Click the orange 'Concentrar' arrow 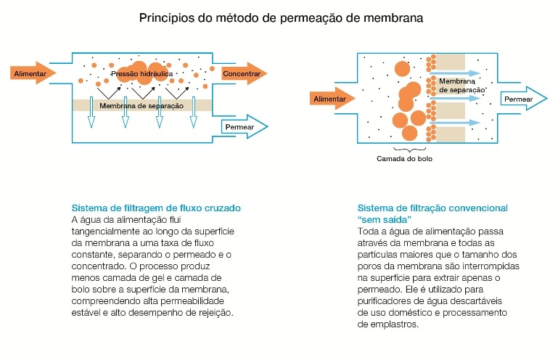click(x=244, y=74)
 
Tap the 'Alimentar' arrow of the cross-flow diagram click(x=33, y=73)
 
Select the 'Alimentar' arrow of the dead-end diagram click(x=332, y=99)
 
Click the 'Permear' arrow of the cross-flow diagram click(x=245, y=127)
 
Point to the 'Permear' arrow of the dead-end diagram click(x=524, y=99)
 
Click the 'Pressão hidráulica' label click(x=142, y=74)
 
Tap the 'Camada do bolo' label click(x=405, y=159)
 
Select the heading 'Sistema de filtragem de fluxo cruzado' click(x=156, y=208)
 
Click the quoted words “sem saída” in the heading click(x=385, y=219)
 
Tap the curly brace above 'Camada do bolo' click(x=409, y=150)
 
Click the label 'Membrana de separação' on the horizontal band click(x=141, y=106)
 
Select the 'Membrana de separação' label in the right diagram click(x=462, y=86)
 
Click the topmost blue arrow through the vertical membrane click(x=455, y=73)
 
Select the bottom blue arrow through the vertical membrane click(x=455, y=123)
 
